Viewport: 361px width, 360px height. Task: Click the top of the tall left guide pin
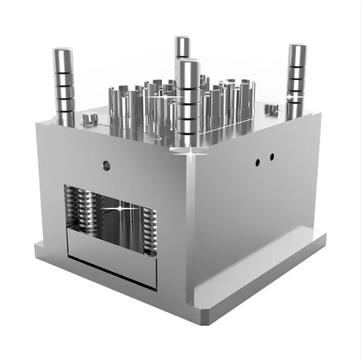click(x=62, y=52)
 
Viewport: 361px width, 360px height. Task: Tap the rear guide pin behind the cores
click(x=182, y=47)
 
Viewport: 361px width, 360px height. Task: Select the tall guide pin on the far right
click(x=296, y=78)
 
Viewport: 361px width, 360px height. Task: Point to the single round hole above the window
click(x=106, y=166)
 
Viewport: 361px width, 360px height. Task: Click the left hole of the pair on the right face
click(x=258, y=162)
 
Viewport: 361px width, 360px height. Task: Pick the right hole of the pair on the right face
click(x=271, y=156)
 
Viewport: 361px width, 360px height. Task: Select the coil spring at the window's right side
click(x=150, y=229)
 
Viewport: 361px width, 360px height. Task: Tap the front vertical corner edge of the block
click(x=190, y=229)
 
